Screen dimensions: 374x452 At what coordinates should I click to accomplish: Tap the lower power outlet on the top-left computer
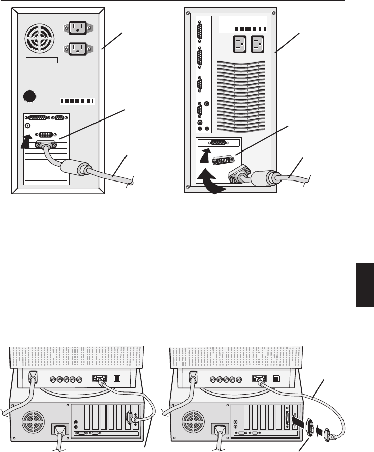pos(77,49)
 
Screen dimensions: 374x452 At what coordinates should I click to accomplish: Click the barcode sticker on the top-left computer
pos(78,101)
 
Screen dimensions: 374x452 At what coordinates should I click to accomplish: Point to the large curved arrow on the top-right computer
pos(213,183)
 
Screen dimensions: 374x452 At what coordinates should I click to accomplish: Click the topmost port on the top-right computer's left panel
pos(200,29)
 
